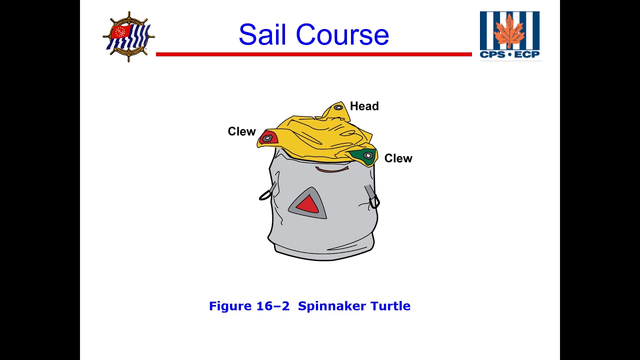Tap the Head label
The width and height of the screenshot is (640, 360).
coord(364,106)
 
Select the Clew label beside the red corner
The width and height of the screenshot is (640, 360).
coord(241,131)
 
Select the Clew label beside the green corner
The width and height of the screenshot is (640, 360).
coord(398,158)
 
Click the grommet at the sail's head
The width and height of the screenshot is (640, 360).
coord(338,107)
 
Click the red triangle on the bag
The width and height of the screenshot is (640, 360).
coord(307,204)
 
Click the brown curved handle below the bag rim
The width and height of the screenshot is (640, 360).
coord(332,170)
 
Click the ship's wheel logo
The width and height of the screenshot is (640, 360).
coord(128,36)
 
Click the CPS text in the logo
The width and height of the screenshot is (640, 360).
coord(492,54)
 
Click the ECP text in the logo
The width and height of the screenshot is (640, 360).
coord(527,54)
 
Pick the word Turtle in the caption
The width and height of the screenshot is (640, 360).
coord(390,306)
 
